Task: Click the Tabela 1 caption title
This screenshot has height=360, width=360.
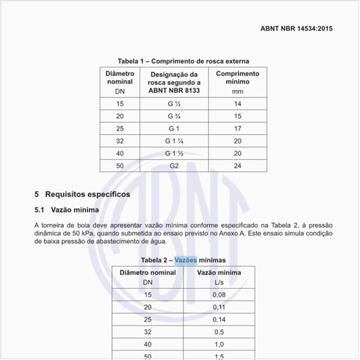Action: pos(183,61)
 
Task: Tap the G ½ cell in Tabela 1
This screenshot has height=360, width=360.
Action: pos(174,104)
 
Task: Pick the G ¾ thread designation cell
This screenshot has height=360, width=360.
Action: pos(174,116)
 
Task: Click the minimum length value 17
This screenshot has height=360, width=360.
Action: pos(237,128)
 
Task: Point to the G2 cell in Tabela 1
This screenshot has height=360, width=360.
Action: pos(174,166)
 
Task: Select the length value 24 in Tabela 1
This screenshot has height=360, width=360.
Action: pos(237,166)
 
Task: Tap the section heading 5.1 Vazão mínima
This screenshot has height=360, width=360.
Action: pos(67,210)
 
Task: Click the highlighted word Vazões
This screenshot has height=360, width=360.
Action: pos(185,260)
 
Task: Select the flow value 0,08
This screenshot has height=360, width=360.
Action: pos(219,295)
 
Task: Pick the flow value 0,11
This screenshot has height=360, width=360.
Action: pos(219,307)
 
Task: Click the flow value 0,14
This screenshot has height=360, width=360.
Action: pos(219,319)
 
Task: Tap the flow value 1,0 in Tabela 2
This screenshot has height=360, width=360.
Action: pos(219,344)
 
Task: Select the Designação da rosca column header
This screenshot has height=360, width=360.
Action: pos(174,82)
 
